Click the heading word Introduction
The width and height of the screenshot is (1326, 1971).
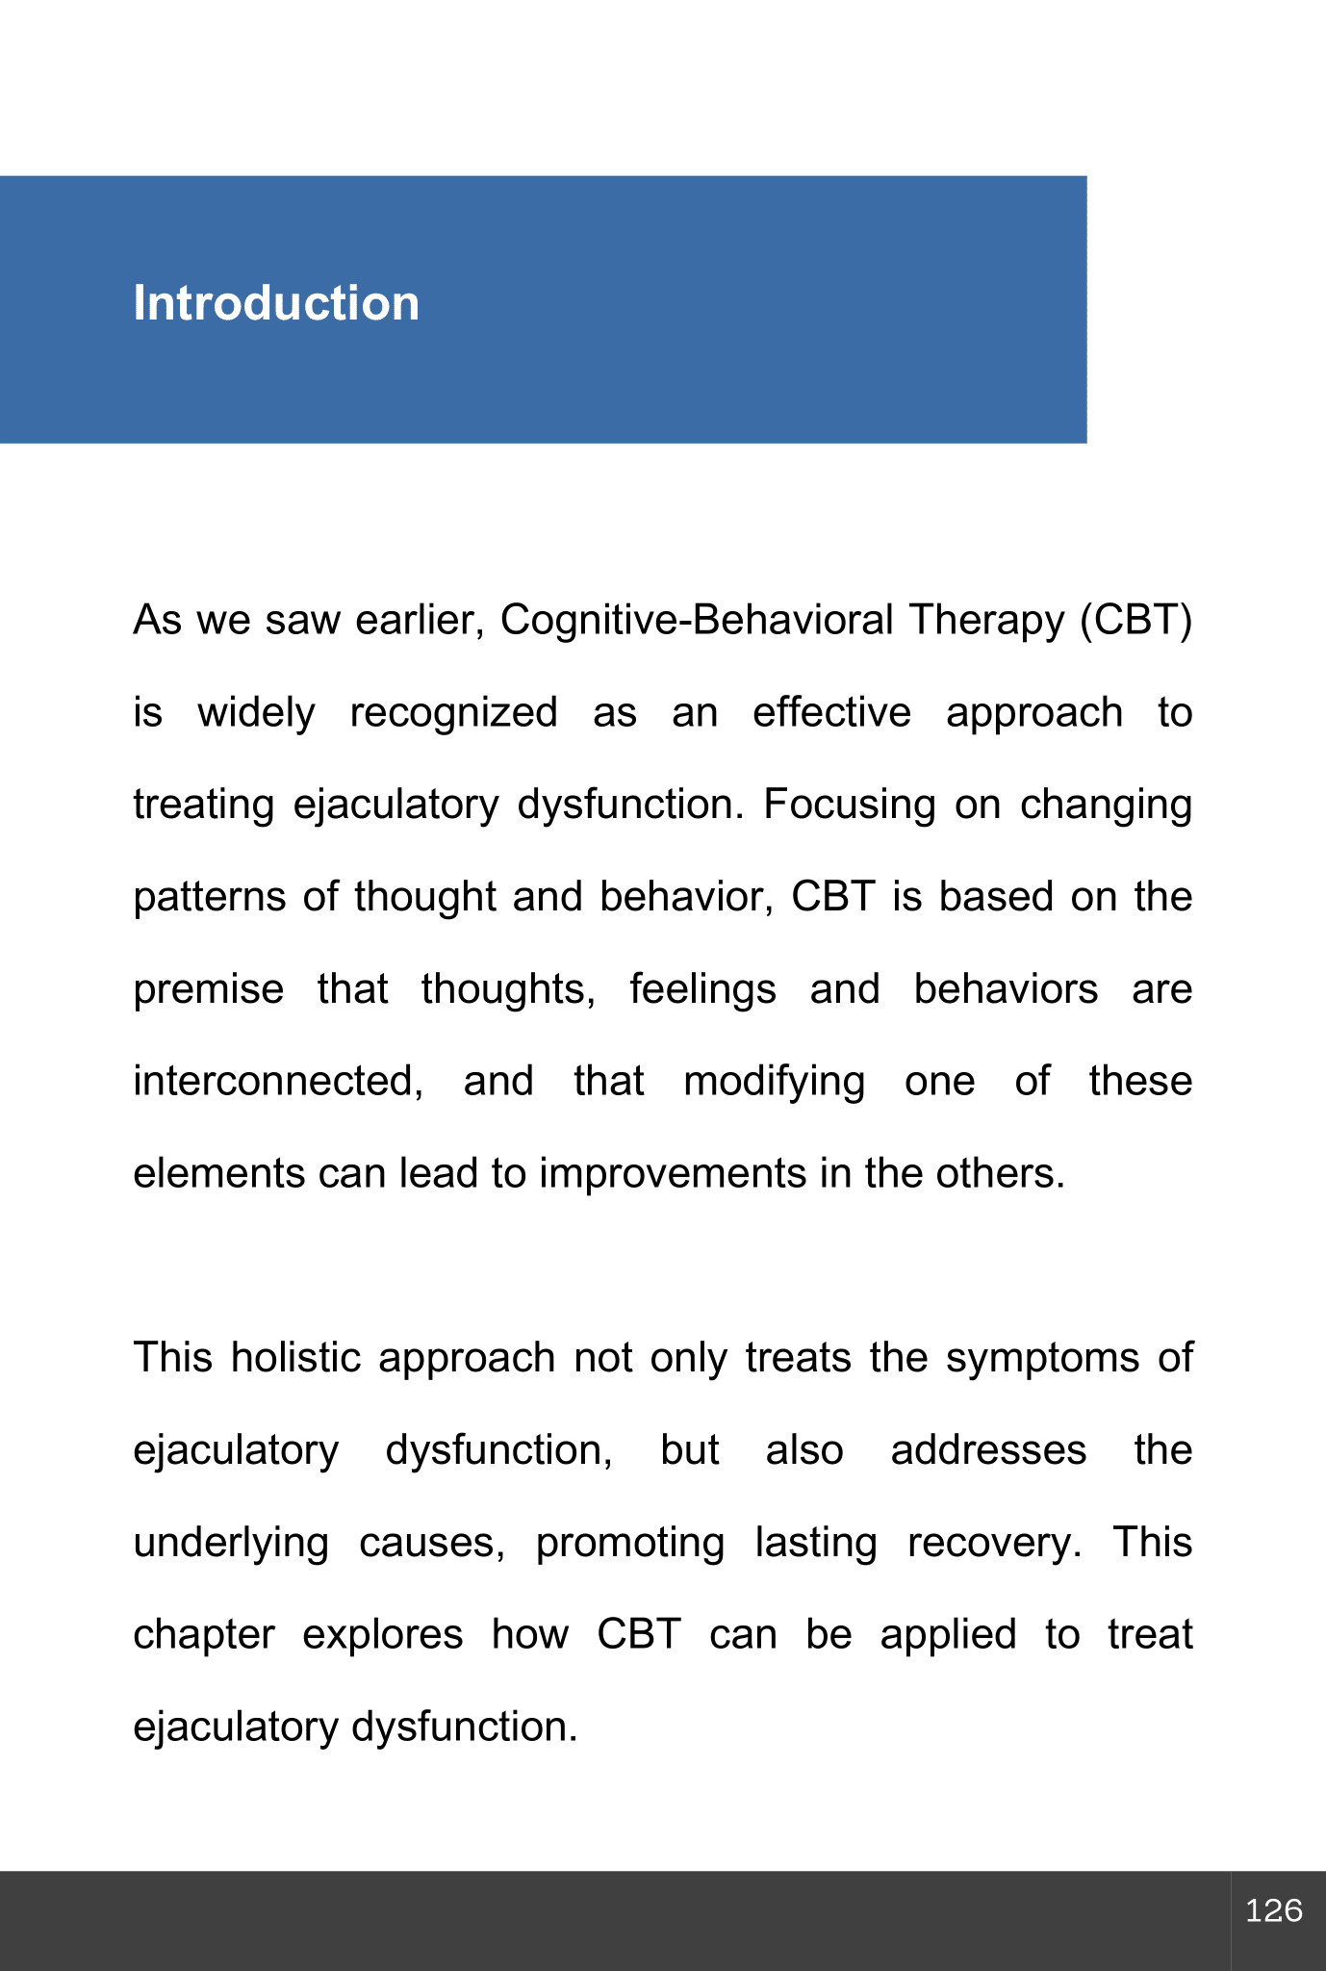276,304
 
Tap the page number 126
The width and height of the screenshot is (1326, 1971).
1274,1910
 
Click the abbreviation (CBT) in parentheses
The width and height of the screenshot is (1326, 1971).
1135,621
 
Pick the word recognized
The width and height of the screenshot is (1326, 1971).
453,713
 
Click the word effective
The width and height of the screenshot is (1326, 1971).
831,713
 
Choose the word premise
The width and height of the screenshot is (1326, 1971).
209,990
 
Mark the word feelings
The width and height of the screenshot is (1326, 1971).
702,990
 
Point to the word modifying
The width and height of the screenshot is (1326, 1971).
774,1082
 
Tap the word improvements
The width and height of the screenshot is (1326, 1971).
673,1174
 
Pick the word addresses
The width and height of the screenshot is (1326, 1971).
988,1450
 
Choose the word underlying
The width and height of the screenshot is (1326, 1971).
231,1543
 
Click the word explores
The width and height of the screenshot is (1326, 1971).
383,1635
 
